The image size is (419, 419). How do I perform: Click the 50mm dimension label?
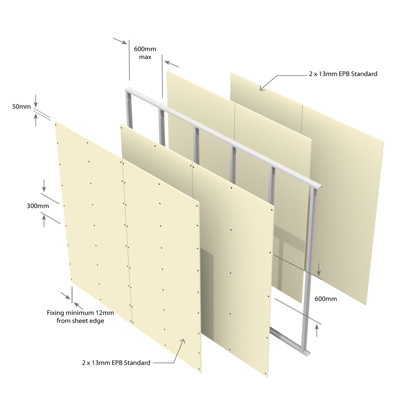(x=21, y=107)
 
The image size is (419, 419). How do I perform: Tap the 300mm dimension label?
(x=38, y=206)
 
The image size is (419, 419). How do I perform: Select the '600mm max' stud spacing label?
(x=145, y=53)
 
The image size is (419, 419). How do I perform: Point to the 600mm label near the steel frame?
(x=325, y=299)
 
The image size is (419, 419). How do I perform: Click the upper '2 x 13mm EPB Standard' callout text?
(x=343, y=74)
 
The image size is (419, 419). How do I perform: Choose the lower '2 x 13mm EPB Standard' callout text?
(x=116, y=363)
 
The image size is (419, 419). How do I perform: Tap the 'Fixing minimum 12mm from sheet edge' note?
(x=80, y=317)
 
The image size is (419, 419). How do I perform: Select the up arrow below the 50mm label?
(x=36, y=119)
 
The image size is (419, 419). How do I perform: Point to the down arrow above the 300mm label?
(x=44, y=186)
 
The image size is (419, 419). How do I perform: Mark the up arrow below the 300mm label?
(x=44, y=221)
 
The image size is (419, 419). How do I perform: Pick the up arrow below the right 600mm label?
(x=317, y=331)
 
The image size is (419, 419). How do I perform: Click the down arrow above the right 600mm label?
(x=319, y=269)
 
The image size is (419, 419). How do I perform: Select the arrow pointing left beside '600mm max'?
(x=171, y=64)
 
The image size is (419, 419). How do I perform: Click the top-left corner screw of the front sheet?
(x=56, y=124)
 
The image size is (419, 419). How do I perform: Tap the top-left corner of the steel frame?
(x=126, y=90)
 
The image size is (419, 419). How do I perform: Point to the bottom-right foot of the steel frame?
(x=307, y=353)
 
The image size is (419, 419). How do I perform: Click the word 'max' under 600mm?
(x=145, y=57)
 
